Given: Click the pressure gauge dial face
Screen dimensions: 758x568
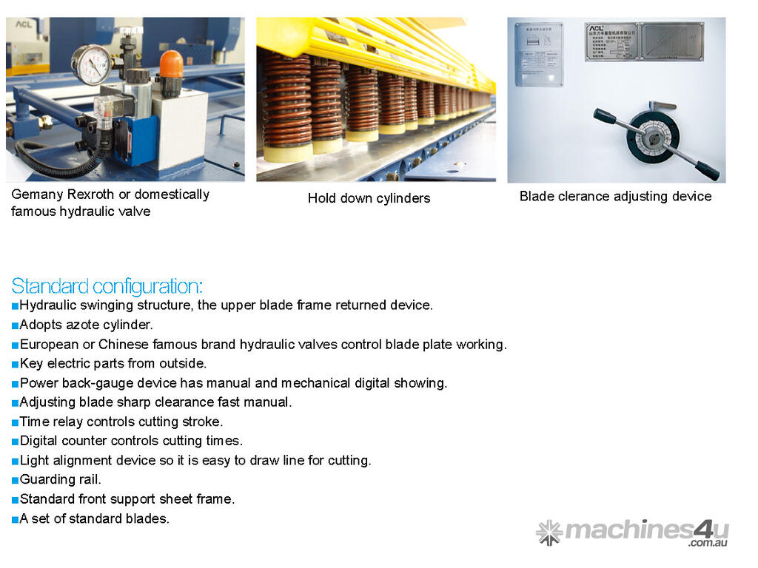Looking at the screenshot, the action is tap(92, 65).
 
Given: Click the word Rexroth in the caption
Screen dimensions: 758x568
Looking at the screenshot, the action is tap(90, 195).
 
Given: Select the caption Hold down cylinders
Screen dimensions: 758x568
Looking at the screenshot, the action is tap(369, 198).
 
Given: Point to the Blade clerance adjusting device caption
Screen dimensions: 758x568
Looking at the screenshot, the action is tap(615, 196).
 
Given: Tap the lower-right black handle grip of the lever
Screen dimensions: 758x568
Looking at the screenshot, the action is tap(707, 171).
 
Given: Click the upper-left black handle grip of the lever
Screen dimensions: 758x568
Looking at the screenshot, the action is tap(604, 116).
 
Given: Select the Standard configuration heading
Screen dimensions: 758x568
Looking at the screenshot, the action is tap(107, 286).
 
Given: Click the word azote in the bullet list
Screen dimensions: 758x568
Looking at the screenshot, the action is tap(83, 325).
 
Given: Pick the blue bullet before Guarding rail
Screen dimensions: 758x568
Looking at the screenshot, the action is tap(15, 481).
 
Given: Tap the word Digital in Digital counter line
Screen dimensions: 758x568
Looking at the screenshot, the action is tap(38, 441).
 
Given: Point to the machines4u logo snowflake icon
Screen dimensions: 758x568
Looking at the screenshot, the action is tap(549, 532).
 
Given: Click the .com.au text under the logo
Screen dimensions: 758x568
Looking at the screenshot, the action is tap(708, 543).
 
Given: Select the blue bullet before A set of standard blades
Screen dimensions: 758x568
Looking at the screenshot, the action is tap(15, 520).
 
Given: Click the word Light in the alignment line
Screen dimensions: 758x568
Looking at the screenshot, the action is tap(34, 461).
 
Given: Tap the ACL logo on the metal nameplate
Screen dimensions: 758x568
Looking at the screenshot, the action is tap(597, 29).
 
